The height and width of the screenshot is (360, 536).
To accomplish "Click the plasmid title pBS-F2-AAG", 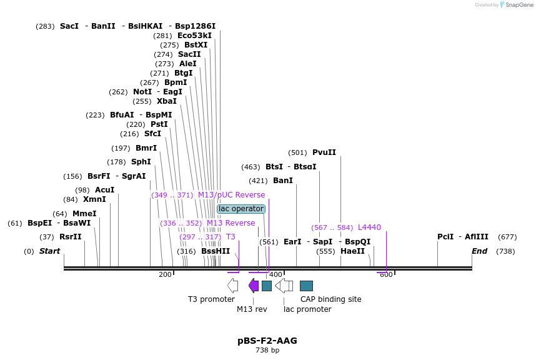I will coord(267,341).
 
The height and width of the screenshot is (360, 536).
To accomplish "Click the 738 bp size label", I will coord(267,351).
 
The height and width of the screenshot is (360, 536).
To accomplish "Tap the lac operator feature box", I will coord(241,209).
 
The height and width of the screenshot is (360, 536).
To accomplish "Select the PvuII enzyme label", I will coord(324,152).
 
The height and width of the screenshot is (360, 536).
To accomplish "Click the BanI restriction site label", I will coord(283,181).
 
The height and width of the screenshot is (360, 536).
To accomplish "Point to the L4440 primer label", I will coord(369,227).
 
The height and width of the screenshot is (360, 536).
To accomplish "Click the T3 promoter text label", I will coord(211,299).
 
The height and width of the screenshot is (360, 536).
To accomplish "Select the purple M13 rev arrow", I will coord(254,286).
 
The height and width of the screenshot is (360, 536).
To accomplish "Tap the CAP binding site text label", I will coord(330,299).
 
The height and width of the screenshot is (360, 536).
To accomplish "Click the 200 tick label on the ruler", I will coord(165,274).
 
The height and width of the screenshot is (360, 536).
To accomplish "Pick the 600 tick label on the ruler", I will coord(386,274).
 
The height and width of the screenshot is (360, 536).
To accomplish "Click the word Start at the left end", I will coord(49,251).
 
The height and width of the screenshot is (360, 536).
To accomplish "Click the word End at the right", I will coord(479,251).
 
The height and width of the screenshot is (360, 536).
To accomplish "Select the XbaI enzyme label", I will coord(167,101).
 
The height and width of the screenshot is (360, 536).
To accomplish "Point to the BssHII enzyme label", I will coord(216,251).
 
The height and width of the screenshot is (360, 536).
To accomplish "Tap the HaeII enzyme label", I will coord(352,251).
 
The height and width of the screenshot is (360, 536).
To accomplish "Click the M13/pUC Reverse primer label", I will coord(231,195).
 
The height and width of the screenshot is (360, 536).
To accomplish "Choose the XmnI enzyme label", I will coord(94,199).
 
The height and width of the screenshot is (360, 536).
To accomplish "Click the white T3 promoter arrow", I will coord(232,286).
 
